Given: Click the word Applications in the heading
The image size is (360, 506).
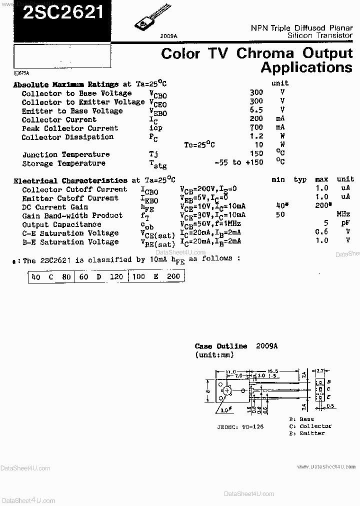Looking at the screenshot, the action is [x=306, y=67].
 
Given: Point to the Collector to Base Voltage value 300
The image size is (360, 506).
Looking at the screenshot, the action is [x=256, y=92].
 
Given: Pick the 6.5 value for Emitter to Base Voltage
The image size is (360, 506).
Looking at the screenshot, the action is [x=256, y=110].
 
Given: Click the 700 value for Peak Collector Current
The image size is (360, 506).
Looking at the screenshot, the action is [x=256, y=128].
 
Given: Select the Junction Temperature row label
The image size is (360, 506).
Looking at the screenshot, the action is [x=65, y=154].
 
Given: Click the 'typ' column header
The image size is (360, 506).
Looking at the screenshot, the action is [x=300, y=179].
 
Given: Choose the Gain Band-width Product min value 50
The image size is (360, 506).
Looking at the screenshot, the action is [x=280, y=215].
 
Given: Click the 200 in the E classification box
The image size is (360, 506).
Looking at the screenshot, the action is [x=173, y=276].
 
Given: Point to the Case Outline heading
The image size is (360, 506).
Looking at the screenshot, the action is [x=220, y=346].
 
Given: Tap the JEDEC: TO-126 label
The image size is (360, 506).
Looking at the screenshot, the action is [x=240, y=426].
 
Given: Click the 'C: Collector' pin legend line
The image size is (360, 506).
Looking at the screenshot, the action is [x=310, y=426].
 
